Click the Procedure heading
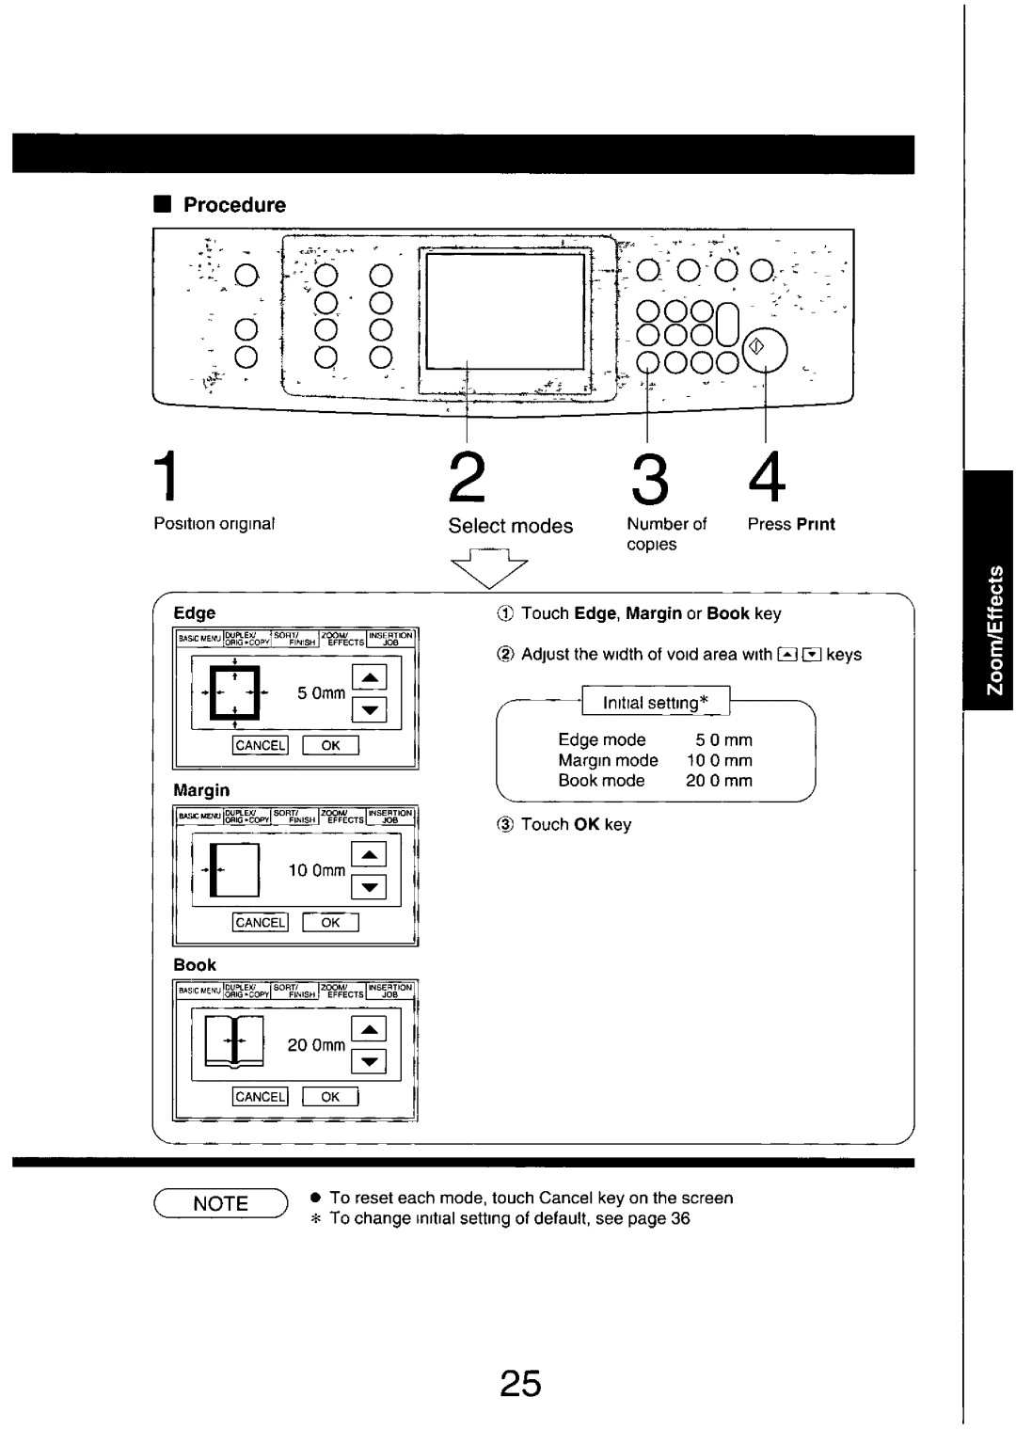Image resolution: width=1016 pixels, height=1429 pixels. [x=233, y=205]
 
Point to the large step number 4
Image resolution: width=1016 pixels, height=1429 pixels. [x=767, y=479]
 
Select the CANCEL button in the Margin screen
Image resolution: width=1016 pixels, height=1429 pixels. [x=260, y=923]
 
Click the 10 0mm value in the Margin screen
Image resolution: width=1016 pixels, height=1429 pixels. [x=316, y=871]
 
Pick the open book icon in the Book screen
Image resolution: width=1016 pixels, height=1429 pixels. [x=234, y=1042]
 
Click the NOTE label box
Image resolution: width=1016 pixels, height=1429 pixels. [x=221, y=1203]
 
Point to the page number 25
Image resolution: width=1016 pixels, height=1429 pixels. [x=520, y=1384]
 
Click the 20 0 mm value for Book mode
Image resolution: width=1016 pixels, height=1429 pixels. [x=719, y=781]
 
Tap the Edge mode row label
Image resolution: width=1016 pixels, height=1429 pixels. [x=601, y=740]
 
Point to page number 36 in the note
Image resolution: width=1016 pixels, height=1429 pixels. [x=681, y=1218]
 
